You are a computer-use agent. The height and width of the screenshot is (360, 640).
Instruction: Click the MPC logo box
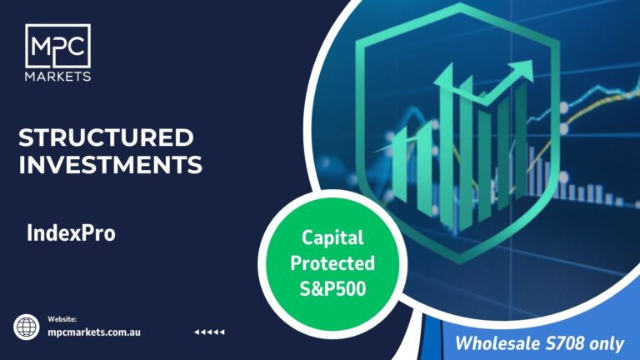click(x=57, y=46)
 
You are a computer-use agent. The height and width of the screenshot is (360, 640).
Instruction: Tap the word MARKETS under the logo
click(x=57, y=77)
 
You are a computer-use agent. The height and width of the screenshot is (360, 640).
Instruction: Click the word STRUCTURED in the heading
click(x=106, y=137)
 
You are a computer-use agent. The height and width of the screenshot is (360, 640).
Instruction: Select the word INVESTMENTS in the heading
click(x=110, y=164)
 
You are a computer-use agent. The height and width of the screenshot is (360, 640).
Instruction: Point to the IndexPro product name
click(x=71, y=233)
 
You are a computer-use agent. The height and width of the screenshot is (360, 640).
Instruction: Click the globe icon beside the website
click(x=27, y=327)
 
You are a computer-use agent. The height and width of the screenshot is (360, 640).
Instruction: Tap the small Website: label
click(x=62, y=319)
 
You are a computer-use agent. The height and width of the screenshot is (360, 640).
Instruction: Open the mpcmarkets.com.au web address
click(x=94, y=332)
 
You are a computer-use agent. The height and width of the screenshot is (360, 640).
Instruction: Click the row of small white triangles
click(x=209, y=332)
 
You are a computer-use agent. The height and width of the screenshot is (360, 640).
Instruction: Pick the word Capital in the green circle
click(x=332, y=238)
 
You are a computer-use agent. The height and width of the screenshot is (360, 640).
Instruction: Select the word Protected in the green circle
click(x=332, y=263)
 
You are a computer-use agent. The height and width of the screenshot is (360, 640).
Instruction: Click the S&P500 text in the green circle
click(x=332, y=288)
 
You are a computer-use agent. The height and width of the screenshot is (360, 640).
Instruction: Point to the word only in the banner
click(x=607, y=343)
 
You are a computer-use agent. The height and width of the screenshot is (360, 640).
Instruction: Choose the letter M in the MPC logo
click(x=41, y=47)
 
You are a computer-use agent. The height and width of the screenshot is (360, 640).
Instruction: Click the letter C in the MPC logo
click(x=76, y=47)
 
